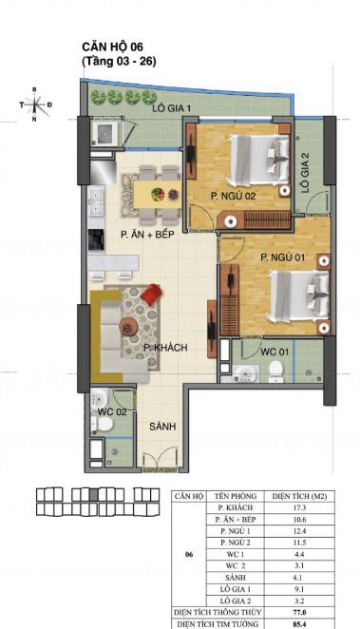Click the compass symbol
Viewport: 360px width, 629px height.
click(34, 105)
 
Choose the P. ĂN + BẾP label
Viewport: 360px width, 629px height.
click(145, 234)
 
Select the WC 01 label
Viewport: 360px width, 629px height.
click(275, 353)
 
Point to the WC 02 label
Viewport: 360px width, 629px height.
click(110, 411)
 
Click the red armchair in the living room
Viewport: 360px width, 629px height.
click(151, 297)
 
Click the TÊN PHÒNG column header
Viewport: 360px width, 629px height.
click(232, 497)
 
